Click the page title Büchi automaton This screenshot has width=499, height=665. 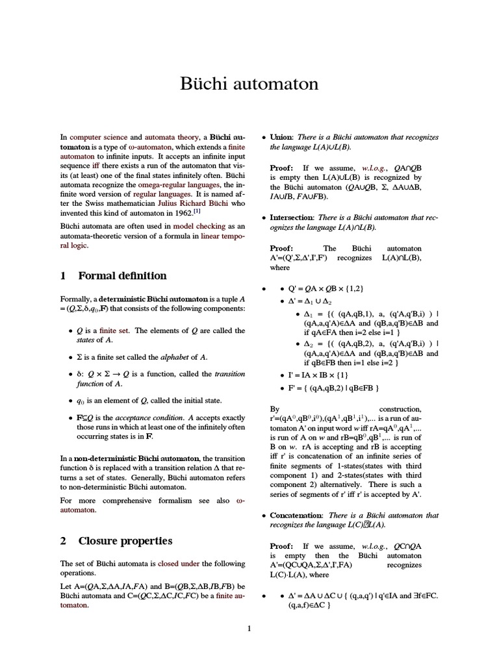[x=249, y=84]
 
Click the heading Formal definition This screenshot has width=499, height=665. [x=122, y=275]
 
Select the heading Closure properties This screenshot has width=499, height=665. [x=125, y=540]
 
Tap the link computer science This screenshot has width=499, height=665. [x=98, y=138]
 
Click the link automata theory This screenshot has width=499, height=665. [x=172, y=138]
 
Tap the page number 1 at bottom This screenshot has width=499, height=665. [x=249, y=628]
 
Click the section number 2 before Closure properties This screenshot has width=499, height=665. [x=64, y=540]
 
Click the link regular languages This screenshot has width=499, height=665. [x=167, y=194]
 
